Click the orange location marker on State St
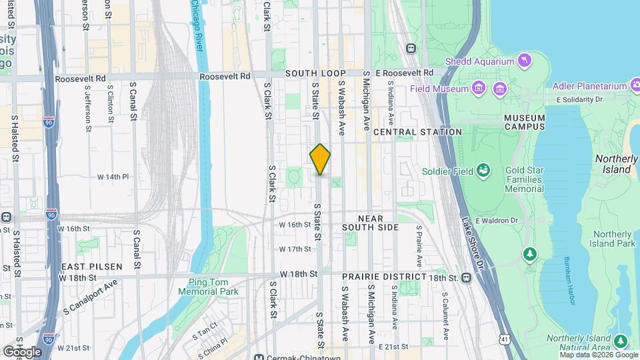pos(320,159)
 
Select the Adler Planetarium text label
pos(589,86)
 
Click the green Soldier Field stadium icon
pos(484,171)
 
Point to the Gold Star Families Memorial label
pos(524,179)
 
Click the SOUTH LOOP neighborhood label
pos(316,73)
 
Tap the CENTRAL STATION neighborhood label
pos(417,132)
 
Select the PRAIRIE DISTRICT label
pos(384,276)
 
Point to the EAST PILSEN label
pos(92,267)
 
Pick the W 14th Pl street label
pos(113,177)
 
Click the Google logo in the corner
pos(22,351)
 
